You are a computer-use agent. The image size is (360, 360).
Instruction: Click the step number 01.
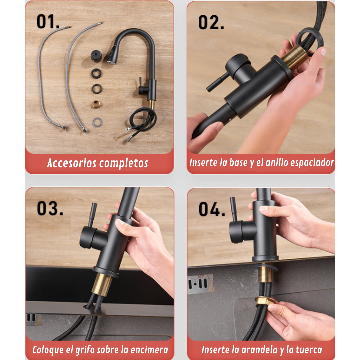[48, 22]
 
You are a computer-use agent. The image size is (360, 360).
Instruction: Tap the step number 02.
[211, 23]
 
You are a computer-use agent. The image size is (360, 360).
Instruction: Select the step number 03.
[50, 208]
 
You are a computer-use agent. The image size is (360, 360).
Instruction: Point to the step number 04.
[212, 209]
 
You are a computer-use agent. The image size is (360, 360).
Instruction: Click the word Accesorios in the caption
[72, 163]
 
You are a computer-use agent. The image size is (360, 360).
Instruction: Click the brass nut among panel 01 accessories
[96, 104]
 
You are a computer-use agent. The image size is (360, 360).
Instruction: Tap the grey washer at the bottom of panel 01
[97, 122]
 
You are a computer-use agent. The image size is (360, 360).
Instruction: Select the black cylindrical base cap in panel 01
[96, 56]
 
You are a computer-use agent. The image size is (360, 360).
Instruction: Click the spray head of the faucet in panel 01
[113, 56]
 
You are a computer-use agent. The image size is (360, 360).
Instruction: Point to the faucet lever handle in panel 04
[233, 209]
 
